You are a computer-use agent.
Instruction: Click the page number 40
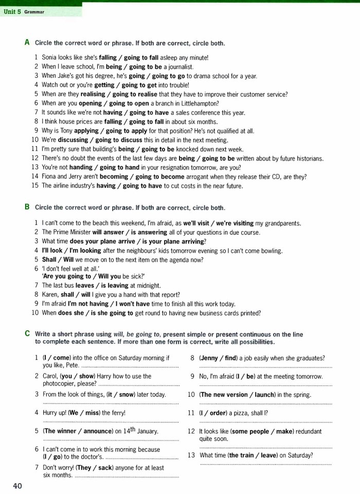coord(17,486)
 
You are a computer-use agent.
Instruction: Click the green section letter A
coord(27,43)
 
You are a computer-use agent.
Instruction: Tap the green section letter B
coord(27,207)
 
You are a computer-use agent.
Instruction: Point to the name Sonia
coord(50,58)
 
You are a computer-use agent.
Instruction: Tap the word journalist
coord(179,67)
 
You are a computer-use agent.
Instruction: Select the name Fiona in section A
coord(50,177)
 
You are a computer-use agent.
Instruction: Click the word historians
coord(307,158)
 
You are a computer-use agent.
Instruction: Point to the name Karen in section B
coord(50,294)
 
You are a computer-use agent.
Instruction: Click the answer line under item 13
coord(265,464)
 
